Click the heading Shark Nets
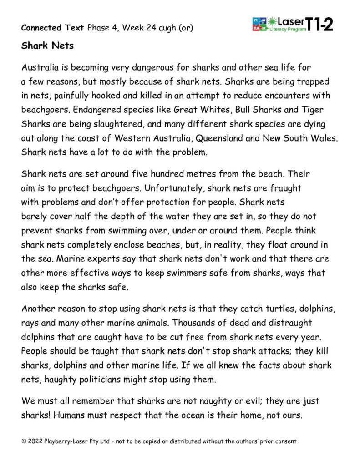(x=44, y=46)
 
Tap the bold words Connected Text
(x=52, y=28)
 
